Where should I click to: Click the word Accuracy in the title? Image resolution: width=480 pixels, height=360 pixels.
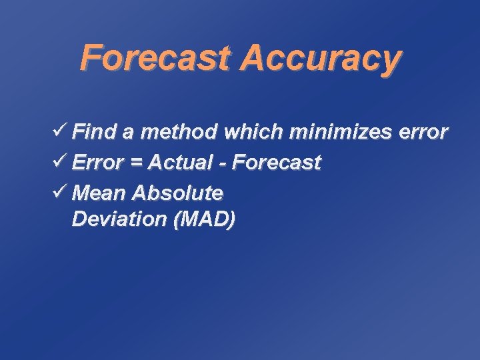click(321, 60)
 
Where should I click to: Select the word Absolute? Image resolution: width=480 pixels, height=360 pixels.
click(177, 193)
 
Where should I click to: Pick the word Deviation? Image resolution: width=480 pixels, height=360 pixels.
click(119, 219)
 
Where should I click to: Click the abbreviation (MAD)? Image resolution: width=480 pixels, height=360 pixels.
click(204, 220)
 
